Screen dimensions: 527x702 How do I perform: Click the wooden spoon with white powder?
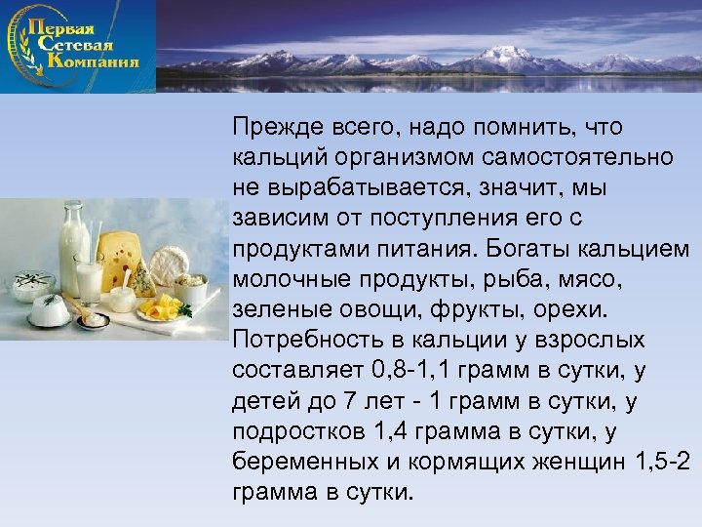pos(90,318)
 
